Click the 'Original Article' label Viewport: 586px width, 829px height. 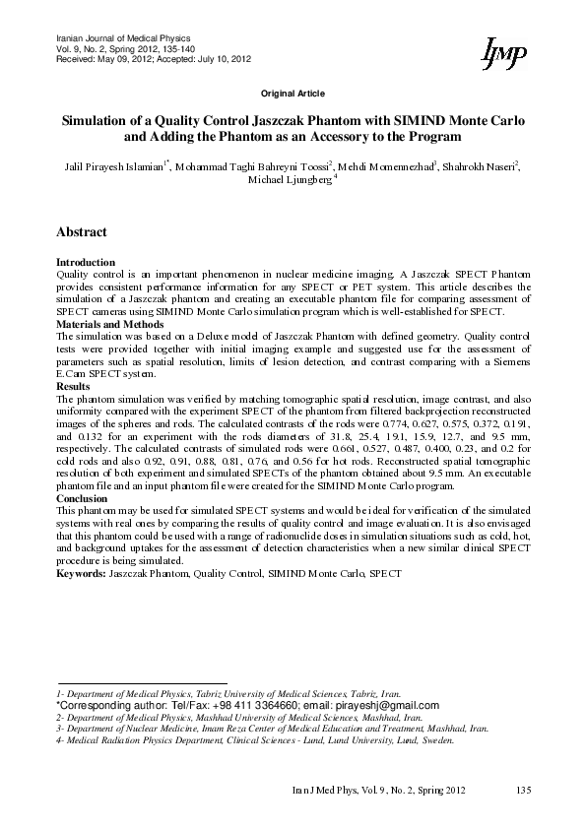tap(293, 93)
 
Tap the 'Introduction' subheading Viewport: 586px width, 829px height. tap(86, 262)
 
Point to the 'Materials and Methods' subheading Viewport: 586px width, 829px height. tap(109, 323)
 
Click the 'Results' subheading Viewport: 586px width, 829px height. tap(74, 387)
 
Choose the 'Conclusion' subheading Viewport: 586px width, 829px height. tap(83, 499)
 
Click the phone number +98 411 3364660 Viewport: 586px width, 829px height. tap(228, 706)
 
